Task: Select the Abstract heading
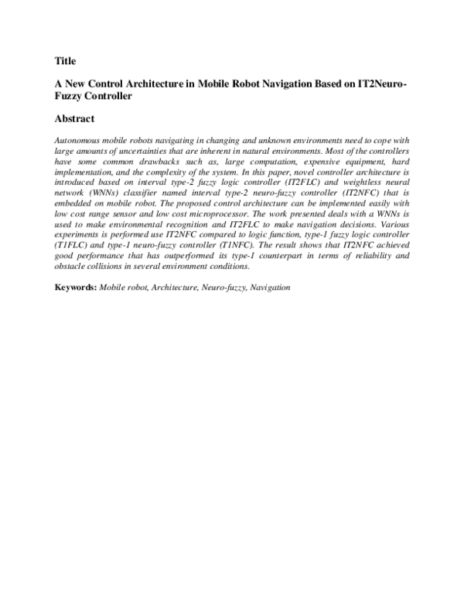tap(74, 119)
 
